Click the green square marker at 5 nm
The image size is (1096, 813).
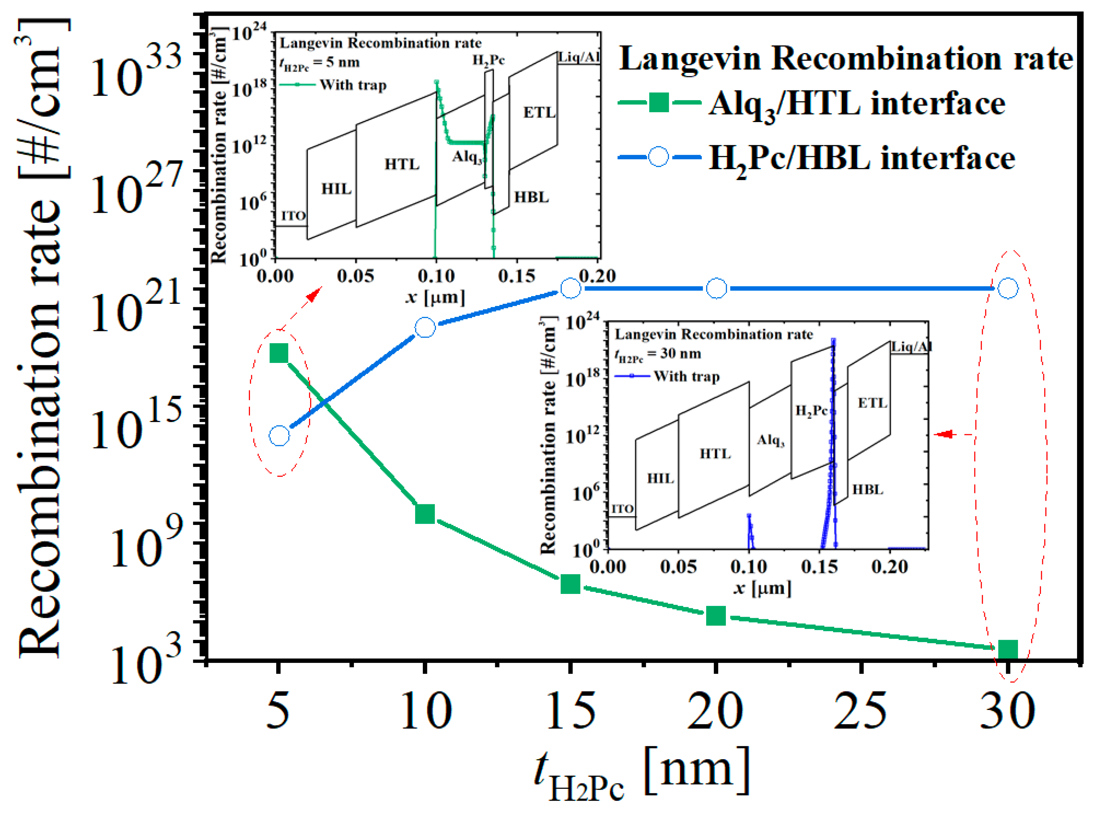click(x=279, y=353)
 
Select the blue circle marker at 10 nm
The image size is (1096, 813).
click(x=425, y=327)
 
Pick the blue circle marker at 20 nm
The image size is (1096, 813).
click(x=716, y=288)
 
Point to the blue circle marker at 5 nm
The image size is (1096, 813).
click(x=279, y=436)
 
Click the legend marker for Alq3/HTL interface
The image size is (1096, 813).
click(x=659, y=103)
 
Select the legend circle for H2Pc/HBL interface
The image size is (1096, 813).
click(x=659, y=157)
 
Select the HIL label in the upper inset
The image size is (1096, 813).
click(x=336, y=188)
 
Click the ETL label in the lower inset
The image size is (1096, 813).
click(x=872, y=403)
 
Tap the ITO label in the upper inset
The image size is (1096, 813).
click(x=293, y=216)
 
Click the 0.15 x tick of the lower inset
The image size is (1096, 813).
click(x=819, y=566)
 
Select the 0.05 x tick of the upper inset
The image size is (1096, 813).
click(x=355, y=276)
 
